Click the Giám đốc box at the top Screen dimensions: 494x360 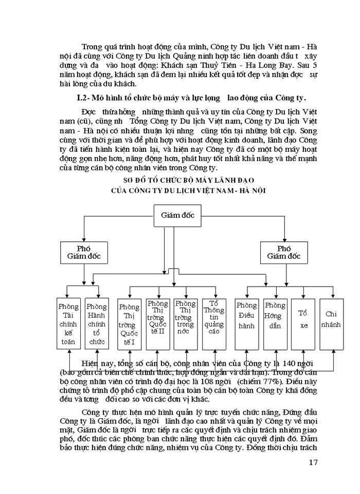click(x=177, y=215)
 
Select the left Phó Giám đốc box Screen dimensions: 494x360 click(x=84, y=252)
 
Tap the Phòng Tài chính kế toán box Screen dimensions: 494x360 click(x=68, y=324)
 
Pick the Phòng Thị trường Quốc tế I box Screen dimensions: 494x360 click(x=129, y=324)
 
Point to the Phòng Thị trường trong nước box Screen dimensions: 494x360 click(x=185, y=324)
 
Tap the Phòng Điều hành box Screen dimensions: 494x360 click(x=246, y=324)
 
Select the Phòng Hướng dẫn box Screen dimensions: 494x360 click(x=275, y=324)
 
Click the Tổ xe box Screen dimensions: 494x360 click(x=303, y=324)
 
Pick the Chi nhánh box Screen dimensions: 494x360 click(x=331, y=324)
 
